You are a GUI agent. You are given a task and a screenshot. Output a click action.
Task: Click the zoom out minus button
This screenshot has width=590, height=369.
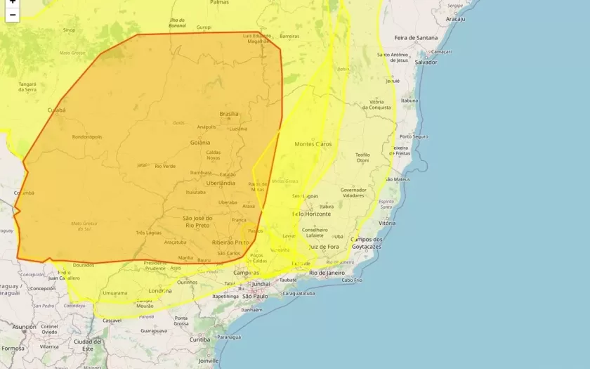point(12,15)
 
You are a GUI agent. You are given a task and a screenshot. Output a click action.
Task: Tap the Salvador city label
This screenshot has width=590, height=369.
point(426,62)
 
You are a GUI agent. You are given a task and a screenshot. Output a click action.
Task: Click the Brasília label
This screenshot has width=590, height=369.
point(229,114)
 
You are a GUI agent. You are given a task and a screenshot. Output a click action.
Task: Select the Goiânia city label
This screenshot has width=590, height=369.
point(200,143)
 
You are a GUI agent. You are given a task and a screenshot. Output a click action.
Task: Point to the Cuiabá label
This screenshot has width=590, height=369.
point(56,110)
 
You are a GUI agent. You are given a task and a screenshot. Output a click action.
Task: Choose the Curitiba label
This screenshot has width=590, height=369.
point(199,339)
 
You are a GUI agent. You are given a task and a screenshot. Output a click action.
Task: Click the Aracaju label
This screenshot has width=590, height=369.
point(455,19)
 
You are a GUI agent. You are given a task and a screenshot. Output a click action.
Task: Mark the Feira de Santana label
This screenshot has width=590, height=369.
point(416,37)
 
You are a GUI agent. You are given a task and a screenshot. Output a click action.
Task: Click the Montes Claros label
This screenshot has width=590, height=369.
point(313,143)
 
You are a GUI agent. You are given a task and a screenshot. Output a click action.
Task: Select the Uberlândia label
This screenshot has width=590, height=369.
point(218,183)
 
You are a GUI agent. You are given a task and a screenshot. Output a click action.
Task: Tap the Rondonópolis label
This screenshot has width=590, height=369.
point(87,137)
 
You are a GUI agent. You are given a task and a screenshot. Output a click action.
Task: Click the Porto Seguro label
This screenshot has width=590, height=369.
point(414,136)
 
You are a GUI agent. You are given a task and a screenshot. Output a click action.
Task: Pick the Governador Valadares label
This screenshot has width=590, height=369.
point(353,193)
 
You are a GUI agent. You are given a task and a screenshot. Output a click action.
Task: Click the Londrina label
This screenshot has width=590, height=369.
point(160,290)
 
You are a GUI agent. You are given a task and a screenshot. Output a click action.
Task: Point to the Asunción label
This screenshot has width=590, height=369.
point(24,327)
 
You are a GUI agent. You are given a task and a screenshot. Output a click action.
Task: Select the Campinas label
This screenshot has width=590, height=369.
point(247,272)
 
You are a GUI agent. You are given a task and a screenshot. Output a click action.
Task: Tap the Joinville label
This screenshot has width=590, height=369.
point(208,361)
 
